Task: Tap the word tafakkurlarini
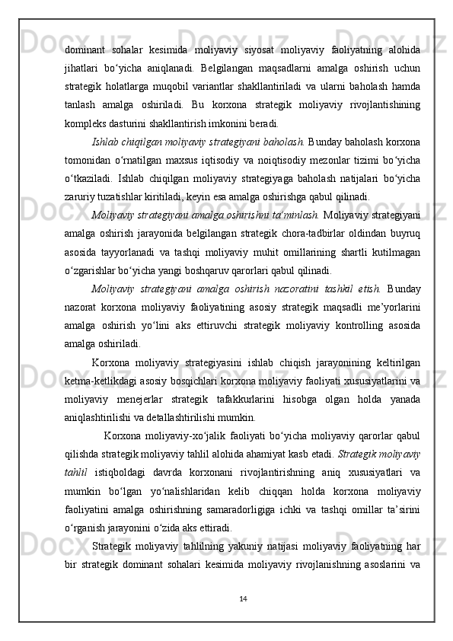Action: click(282, 397)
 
